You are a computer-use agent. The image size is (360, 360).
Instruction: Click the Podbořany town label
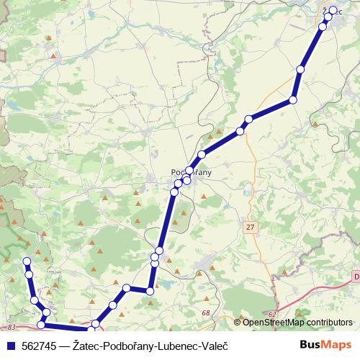tap(190, 172)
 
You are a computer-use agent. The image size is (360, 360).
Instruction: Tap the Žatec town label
tap(333, 11)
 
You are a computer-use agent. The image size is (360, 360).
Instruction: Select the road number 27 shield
tap(250, 228)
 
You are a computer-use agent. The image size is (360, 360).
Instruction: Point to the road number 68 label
tap(206, 312)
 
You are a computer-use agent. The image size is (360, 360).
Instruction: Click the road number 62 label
tap(271, 315)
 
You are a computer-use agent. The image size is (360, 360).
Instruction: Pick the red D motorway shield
tap(356, 275)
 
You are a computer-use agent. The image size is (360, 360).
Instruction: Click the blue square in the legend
tap(9, 346)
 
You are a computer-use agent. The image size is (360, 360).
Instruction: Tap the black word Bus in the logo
tap(310, 346)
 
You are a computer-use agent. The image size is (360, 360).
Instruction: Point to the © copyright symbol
tap(238, 323)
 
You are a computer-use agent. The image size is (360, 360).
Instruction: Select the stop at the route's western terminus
tap(27, 261)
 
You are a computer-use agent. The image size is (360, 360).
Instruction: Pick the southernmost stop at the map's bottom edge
tap(91, 330)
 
